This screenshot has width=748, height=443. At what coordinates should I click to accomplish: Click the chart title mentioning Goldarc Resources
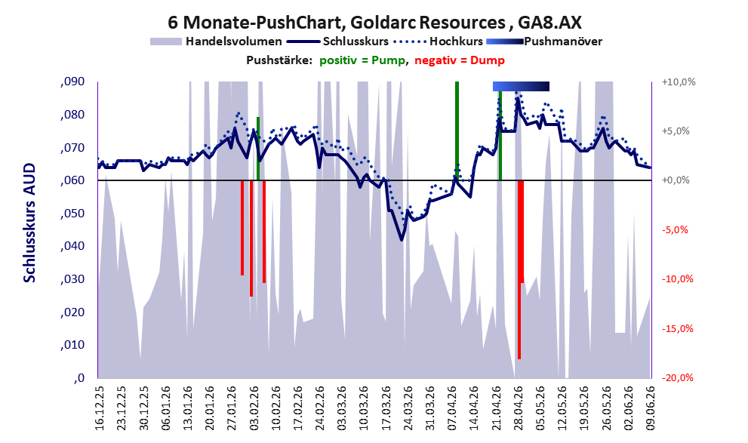tap(374, 22)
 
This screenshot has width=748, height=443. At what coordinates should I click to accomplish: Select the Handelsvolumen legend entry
tap(216, 42)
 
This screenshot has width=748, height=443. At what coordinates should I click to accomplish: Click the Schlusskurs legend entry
tap(338, 42)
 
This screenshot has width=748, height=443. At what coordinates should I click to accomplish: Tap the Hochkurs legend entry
tap(438, 42)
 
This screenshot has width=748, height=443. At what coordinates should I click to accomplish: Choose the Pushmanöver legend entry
tap(544, 42)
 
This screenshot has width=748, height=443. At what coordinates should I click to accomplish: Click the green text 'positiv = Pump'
tap(362, 60)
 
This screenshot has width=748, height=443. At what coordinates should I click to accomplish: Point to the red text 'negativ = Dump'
tap(460, 60)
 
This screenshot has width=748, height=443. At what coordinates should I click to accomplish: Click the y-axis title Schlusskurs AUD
tap(29, 223)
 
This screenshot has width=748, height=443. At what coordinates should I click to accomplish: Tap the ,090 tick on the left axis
tap(72, 82)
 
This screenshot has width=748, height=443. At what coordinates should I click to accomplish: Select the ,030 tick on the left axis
tap(72, 279)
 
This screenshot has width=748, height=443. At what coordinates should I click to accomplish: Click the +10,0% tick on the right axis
tap(679, 82)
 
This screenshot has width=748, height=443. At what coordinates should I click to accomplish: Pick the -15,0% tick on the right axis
tap(678, 328)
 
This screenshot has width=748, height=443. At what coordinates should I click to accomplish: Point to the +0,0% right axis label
tap(676, 180)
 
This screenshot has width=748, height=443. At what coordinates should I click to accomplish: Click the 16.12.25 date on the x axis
tap(100, 408)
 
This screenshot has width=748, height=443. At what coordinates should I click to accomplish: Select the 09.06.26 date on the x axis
tap(651, 408)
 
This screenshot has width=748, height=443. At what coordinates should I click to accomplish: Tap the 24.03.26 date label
tap(408, 408)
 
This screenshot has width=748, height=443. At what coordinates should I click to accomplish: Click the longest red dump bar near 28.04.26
tap(519, 269)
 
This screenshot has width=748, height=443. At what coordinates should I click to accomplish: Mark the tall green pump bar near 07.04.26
tap(457, 131)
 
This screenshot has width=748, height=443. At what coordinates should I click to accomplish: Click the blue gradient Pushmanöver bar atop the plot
tap(521, 86)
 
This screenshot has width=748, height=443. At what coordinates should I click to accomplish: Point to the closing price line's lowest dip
tap(402, 240)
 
